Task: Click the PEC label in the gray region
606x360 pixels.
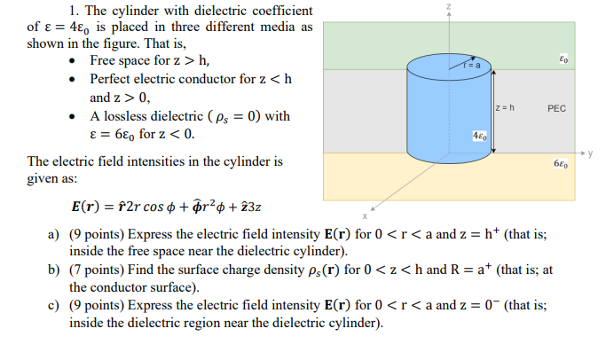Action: (x=556, y=109)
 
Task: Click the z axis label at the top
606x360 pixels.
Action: (x=450, y=7)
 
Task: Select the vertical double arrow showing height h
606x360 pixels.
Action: (x=491, y=110)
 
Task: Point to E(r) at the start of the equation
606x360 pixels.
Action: (x=87, y=207)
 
